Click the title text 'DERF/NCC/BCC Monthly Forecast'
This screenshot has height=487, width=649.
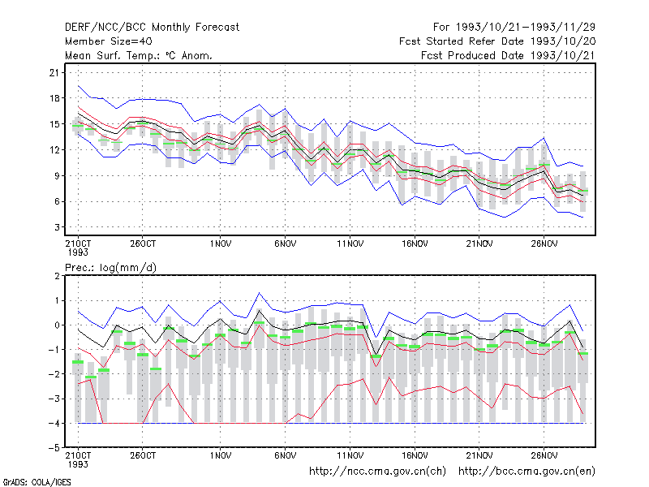click(152, 28)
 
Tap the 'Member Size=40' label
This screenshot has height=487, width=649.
click(109, 41)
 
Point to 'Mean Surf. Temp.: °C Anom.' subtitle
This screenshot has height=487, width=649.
click(139, 55)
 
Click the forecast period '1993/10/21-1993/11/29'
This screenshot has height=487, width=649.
click(526, 28)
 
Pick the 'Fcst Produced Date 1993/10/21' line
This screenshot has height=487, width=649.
click(509, 55)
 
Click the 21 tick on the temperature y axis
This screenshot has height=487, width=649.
click(54, 73)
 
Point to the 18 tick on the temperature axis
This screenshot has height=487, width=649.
click(54, 98)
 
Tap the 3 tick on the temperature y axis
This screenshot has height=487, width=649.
click(57, 227)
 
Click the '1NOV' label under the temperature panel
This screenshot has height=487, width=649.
click(220, 244)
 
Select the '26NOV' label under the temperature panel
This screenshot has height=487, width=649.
click(544, 244)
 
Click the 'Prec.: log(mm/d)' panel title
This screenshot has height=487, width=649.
click(110, 268)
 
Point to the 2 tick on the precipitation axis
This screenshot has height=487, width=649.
click(57, 276)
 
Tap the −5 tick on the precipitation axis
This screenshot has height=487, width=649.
click(54, 448)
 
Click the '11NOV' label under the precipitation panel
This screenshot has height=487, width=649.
click(350, 455)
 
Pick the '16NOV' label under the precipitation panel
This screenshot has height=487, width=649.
click(415, 455)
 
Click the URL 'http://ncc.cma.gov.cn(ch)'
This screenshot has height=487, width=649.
click(378, 472)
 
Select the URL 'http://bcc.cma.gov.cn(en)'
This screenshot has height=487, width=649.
click(527, 472)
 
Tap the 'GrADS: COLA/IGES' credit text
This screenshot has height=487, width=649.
click(37, 482)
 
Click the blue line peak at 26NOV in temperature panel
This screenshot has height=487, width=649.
click(544, 137)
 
